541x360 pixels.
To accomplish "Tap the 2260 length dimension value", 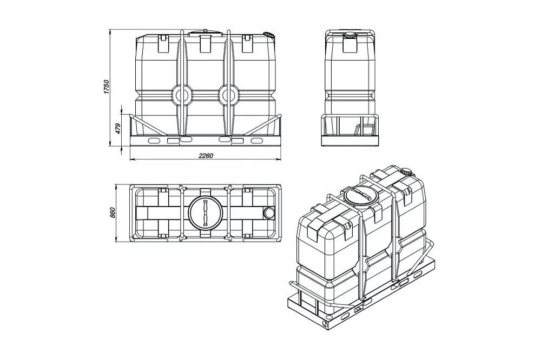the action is [x=206, y=156].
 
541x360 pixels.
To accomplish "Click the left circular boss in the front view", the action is [x=181, y=96].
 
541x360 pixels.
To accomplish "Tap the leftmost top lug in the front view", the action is [x=162, y=44].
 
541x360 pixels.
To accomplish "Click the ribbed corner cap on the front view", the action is [x=268, y=35].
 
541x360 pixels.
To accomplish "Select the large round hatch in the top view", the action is [x=205, y=213].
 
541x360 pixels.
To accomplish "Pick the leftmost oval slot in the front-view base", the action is [x=154, y=140].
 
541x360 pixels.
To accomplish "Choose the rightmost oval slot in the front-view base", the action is [x=256, y=140].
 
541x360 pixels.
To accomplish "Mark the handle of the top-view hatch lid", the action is [x=205, y=213].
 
